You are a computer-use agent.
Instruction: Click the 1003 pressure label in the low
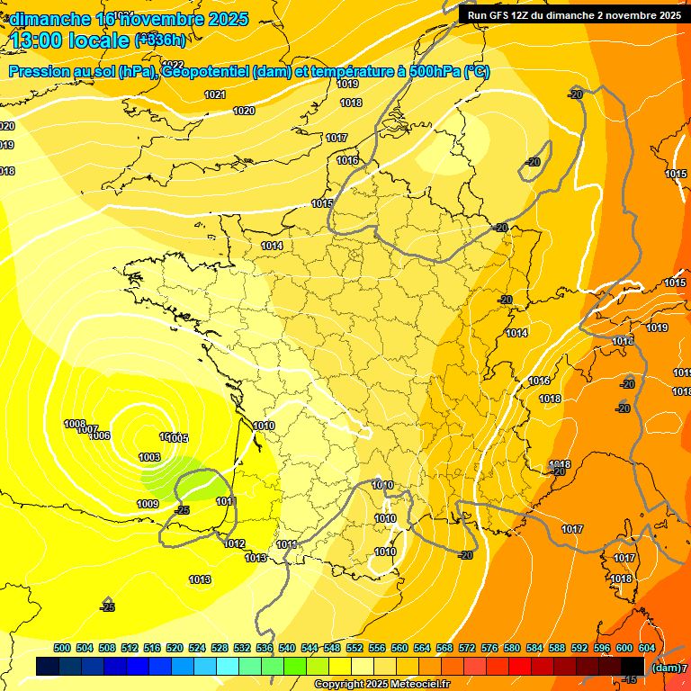(149, 458)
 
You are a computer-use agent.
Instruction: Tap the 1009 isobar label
(148, 504)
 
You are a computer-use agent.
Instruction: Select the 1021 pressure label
(215, 94)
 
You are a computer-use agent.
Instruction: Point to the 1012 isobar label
(235, 544)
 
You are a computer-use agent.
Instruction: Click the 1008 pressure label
(75, 425)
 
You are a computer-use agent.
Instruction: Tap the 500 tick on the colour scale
(62, 648)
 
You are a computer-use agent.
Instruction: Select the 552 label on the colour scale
(354, 648)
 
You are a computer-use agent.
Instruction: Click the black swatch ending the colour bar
(633, 667)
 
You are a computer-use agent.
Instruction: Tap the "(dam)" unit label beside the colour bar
(665, 668)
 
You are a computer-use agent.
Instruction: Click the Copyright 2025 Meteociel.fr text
(381, 685)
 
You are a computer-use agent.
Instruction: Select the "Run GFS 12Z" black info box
(574, 15)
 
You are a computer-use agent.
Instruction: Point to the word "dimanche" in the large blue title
(50, 19)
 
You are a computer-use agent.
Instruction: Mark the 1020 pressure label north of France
(244, 111)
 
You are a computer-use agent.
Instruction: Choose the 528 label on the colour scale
(220, 648)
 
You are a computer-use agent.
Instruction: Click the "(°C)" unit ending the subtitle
(476, 72)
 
